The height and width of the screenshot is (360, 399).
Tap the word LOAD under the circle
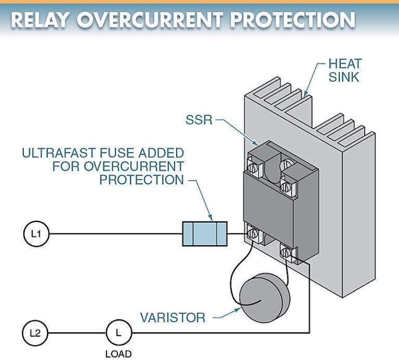click(118, 354)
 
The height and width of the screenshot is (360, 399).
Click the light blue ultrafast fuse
click(205, 234)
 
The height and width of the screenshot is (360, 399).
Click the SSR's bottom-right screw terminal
click(286, 252)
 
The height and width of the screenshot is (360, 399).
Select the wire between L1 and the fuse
click(114, 234)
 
